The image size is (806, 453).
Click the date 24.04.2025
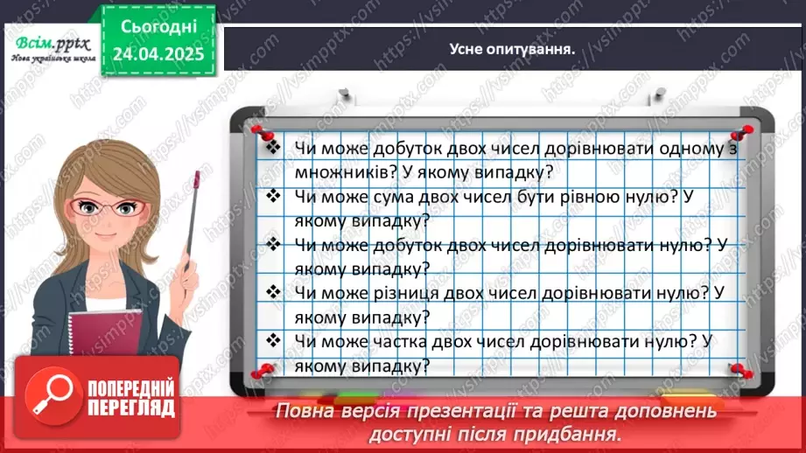158,53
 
